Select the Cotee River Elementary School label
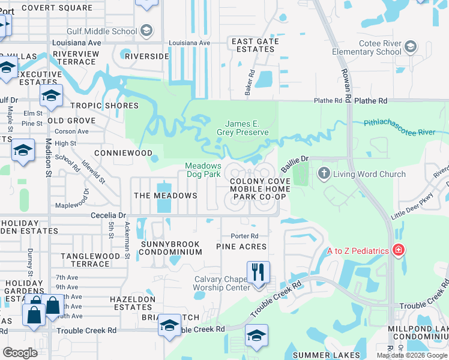click(366, 48)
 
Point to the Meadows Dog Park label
click(203, 170)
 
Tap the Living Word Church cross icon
click(324, 174)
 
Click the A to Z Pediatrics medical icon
click(397, 250)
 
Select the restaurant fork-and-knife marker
click(258, 272)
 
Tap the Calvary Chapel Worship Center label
click(221, 283)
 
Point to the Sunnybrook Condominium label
click(170, 248)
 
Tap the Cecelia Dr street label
click(109, 215)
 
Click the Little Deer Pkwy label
click(412, 208)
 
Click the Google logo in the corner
click(20, 353)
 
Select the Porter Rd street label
click(247, 236)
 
